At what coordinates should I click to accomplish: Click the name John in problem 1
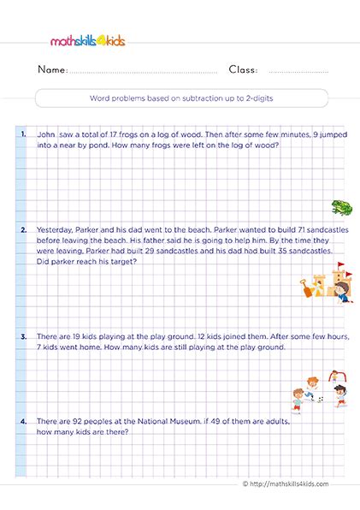click(48, 134)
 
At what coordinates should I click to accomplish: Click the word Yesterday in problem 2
click(58, 230)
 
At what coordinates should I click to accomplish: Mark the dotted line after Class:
click(298, 72)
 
